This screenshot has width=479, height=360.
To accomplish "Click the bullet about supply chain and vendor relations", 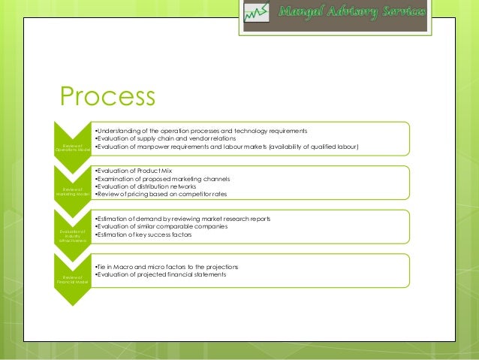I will [x=166, y=138].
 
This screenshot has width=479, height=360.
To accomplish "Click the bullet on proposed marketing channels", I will [x=162, y=179].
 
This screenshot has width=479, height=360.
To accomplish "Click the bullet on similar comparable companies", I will [x=162, y=226].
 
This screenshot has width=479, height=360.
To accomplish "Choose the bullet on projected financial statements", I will [x=161, y=275].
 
